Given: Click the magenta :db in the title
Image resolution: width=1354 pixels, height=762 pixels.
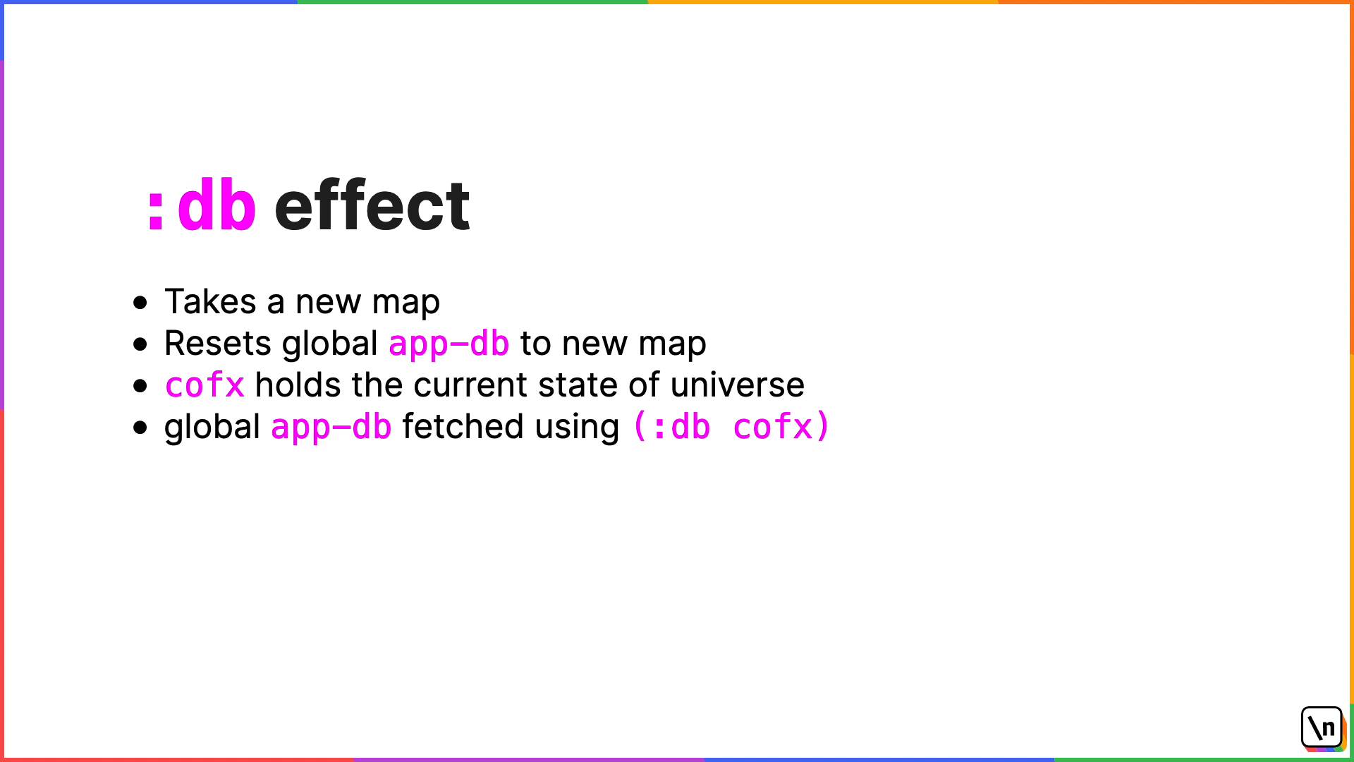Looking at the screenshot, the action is click(x=202, y=205).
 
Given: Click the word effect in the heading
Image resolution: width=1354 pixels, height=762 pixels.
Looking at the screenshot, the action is click(x=372, y=205).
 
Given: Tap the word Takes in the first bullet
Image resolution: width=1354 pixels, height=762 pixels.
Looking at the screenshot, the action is click(x=210, y=302).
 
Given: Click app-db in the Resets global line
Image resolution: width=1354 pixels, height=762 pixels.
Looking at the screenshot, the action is click(x=449, y=344).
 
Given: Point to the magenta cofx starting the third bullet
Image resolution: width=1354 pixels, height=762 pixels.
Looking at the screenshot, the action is click(x=205, y=385).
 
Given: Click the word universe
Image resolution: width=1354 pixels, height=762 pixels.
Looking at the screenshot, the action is click(x=738, y=385).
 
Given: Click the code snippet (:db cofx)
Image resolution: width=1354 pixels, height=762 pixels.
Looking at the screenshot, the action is click(x=731, y=427).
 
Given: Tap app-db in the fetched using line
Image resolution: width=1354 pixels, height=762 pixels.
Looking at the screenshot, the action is click(x=331, y=428).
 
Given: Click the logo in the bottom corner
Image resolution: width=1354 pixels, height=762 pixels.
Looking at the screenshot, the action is click(x=1322, y=728).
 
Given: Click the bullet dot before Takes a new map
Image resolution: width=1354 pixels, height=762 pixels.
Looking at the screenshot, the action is click(x=140, y=303).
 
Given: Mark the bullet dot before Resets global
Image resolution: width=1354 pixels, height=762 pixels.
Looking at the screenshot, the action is click(x=140, y=344).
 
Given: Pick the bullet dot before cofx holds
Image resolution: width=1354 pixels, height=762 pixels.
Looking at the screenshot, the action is click(x=140, y=386).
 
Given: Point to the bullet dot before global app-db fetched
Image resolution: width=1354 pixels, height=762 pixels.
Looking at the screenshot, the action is click(x=140, y=428).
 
